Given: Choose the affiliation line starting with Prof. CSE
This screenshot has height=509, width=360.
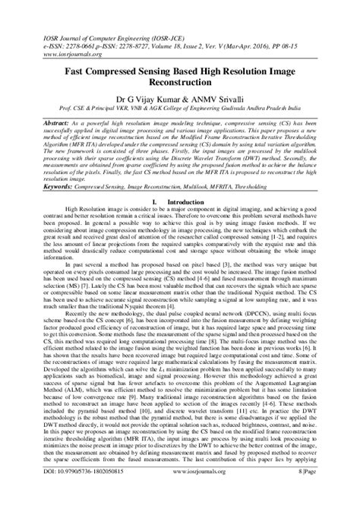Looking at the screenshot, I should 180,109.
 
